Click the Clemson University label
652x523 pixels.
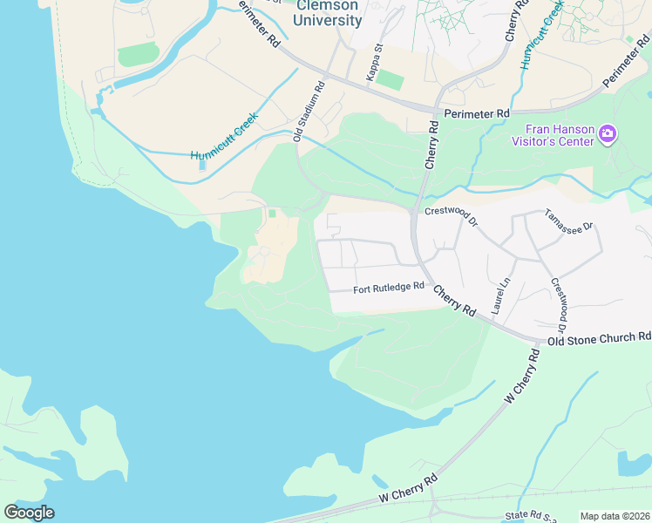click(x=328, y=13)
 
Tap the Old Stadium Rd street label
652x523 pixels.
click(x=309, y=112)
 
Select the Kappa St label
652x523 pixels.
click(x=374, y=63)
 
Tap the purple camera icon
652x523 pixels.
click(x=608, y=135)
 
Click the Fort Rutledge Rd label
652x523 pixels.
click(x=389, y=287)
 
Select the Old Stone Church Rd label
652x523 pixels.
click(x=601, y=336)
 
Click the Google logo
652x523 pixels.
click(x=29, y=513)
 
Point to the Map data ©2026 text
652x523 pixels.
click(x=615, y=516)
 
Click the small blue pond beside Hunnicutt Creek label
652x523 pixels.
click(x=202, y=164)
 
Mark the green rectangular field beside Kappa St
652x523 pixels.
click(x=391, y=80)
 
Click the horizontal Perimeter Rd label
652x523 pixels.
click(x=476, y=113)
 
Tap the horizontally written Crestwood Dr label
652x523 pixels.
click(x=451, y=215)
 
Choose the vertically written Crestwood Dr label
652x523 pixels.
click(x=558, y=310)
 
